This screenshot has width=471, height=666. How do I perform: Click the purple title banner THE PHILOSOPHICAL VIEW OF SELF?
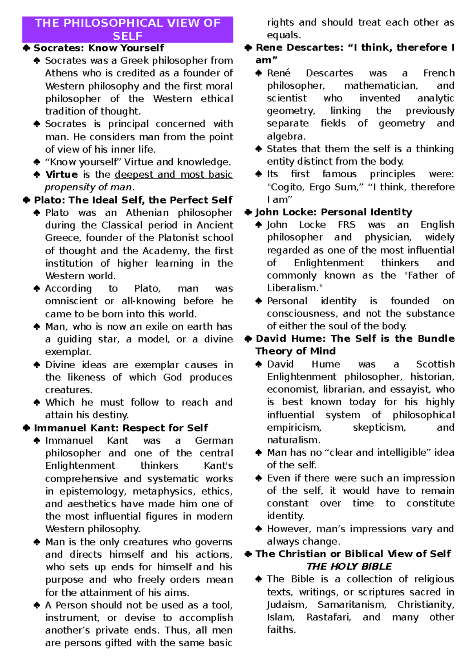128,29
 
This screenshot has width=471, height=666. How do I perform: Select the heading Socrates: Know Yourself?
99,48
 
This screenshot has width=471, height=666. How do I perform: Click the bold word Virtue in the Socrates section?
62,174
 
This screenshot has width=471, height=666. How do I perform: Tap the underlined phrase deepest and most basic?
173,174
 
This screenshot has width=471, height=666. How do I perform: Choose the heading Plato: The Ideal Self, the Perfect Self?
133,200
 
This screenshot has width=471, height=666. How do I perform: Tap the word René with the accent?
279,73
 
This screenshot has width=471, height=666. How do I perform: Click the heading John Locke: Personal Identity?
333,212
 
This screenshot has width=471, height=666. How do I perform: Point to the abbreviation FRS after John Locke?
347,225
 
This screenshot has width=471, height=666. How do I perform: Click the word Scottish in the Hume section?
435,364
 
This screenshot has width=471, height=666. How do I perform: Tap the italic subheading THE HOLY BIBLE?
349,566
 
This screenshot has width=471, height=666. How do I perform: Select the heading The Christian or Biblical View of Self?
353,554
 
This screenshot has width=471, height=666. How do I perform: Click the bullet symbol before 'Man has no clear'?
259,453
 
